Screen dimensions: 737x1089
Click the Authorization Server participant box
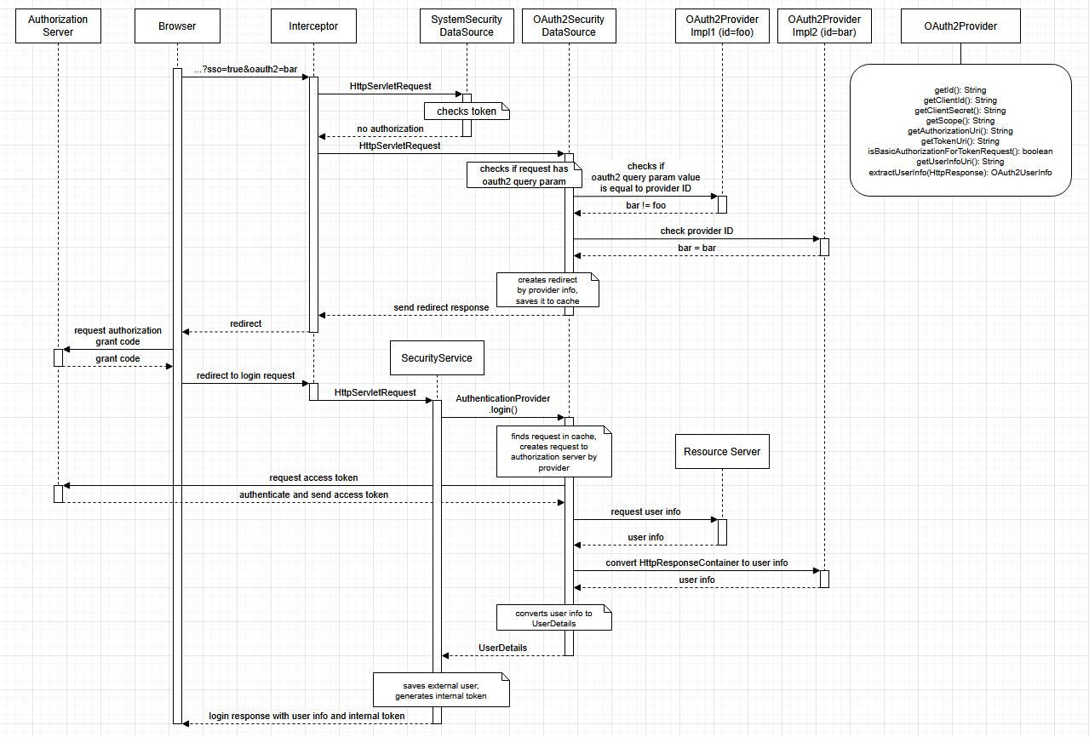(x=58, y=26)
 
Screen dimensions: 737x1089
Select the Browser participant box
(x=177, y=26)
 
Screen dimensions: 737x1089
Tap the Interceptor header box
(x=313, y=26)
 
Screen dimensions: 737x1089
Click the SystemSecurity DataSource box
(x=467, y=26)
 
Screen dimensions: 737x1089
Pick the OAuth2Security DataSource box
(x=569, y=26)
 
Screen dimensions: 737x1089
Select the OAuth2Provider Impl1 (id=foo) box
(x=722, y=26)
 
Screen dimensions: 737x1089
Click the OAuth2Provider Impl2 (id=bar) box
(x=824, y=26)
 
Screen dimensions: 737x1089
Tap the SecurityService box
(x=437, y=358)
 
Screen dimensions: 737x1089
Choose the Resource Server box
(x=722, y=452)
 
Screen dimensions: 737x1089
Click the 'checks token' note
(x=466, y=111)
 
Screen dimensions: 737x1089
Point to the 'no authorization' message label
(x=390, y=129)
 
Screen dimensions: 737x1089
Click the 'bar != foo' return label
(x=646, y=205)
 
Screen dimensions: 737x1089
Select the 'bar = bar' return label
(x=696, y=247)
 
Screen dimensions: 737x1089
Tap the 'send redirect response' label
(x=441, y=307)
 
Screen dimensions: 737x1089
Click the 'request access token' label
(x=313, y=477)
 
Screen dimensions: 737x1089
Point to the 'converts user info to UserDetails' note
(x=554, y=618)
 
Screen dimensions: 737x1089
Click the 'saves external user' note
(x=441, y=690)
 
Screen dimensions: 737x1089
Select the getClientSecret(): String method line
(x=960, y=111)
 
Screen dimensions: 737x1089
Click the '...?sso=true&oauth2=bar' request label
(x=245, y=69)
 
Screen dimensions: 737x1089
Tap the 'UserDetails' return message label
(x=502, y=648)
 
